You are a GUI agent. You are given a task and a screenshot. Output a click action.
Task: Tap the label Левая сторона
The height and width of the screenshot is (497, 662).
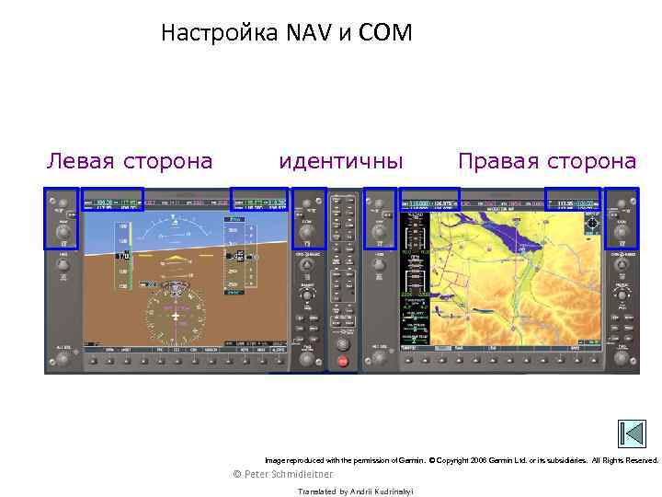(x=130, y=162)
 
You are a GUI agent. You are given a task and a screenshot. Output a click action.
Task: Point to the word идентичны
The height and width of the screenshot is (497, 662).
(x=341, y=162)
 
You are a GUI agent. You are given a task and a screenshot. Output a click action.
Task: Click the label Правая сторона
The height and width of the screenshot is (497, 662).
(x=547, y=162)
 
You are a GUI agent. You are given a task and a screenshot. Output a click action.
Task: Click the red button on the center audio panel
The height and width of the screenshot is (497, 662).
(x=344, y=363)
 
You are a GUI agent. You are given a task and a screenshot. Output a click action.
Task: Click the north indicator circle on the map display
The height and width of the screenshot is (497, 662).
(x=591, y=223)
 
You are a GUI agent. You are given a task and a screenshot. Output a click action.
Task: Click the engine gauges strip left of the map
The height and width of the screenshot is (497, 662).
(x=416, y=276)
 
